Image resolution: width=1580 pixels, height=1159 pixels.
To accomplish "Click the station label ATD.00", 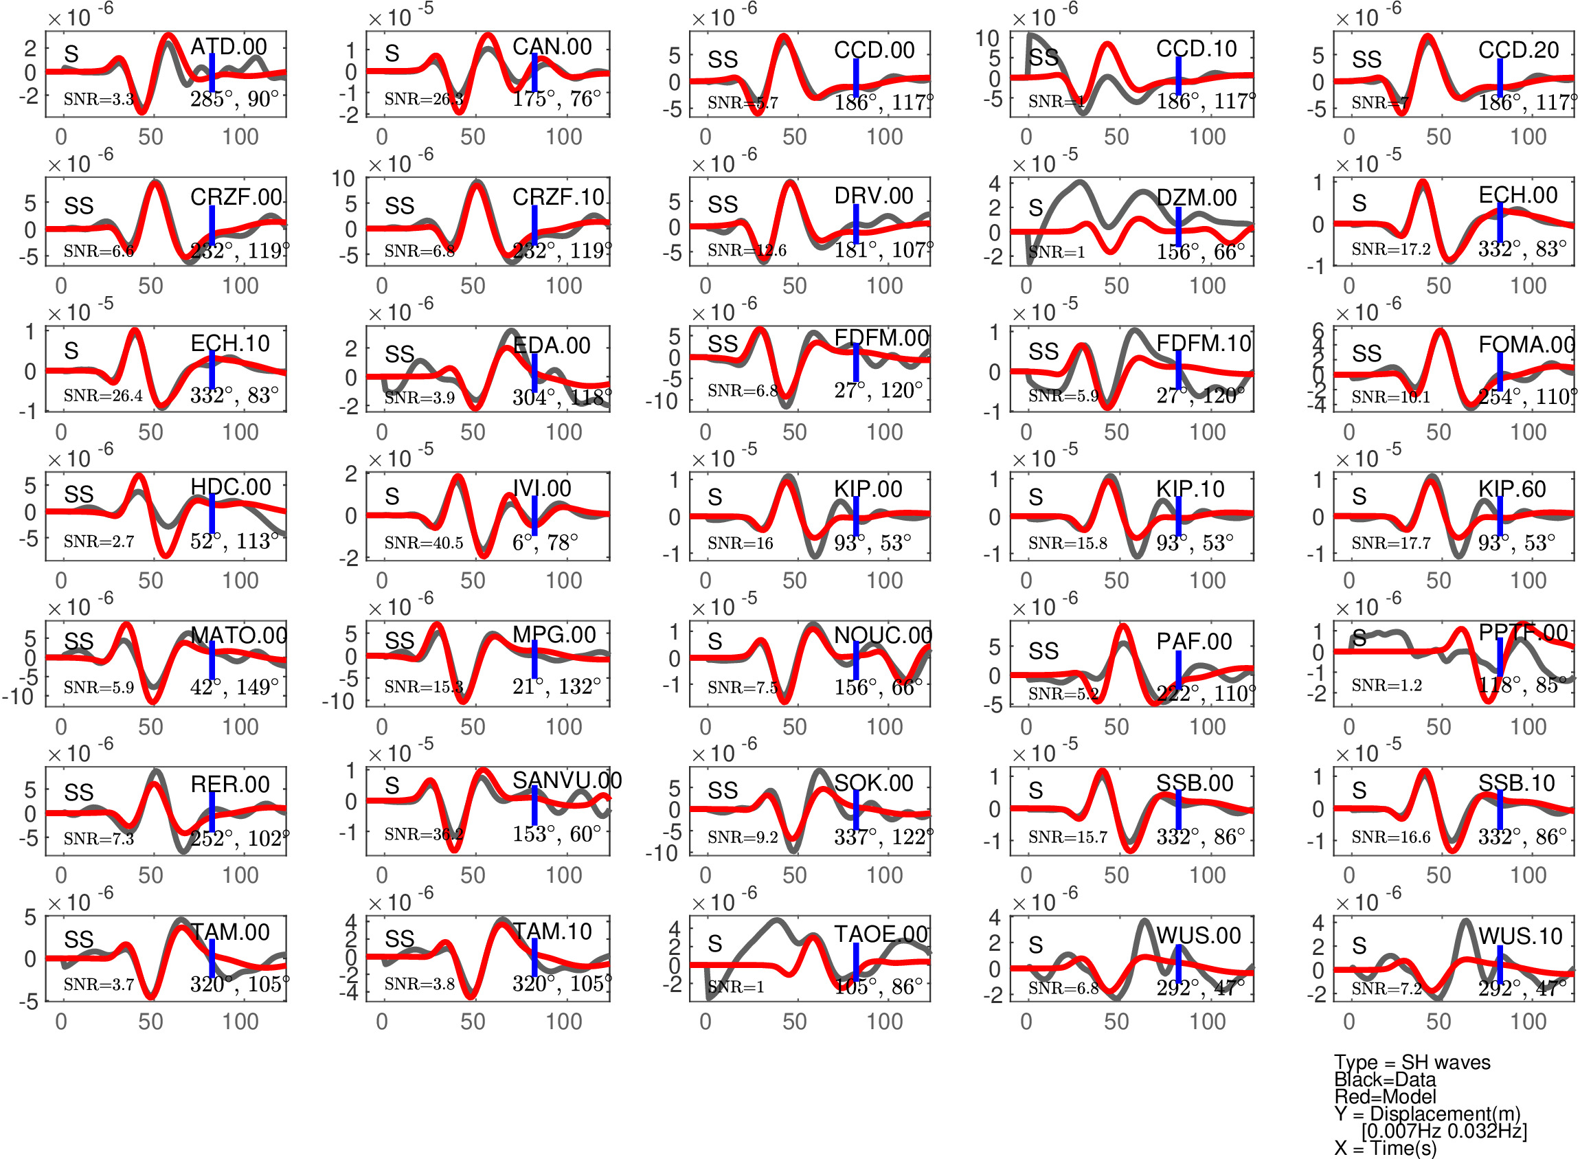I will pos(228,46).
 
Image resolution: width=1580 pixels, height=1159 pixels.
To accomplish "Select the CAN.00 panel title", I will pos(552,46).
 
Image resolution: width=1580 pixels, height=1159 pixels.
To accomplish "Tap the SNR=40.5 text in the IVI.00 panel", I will pos(423,542).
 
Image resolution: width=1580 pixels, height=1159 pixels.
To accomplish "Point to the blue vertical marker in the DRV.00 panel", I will pos(856,224).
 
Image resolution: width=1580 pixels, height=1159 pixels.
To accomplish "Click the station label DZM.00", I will pos(1196,197).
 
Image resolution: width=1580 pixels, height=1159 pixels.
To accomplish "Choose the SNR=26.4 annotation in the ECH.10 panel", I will pos(102,396).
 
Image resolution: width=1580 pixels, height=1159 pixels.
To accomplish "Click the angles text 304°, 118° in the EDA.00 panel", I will pos(561,397).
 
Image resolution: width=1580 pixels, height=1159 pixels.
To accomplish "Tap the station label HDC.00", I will pos(230,486).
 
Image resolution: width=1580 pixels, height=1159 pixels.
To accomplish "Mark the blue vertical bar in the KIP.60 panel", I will pos(1500,516).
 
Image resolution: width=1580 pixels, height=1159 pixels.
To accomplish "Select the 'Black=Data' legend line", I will pos(1385,1079).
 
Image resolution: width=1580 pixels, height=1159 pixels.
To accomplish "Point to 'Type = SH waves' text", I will pos(1412,1062).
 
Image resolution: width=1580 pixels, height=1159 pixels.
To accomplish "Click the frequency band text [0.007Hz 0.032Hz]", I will pos(1444,1130).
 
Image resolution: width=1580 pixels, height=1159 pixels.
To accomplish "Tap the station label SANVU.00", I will pos(567,780).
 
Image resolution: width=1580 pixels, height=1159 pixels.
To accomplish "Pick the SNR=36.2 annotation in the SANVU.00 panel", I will pos(423,833).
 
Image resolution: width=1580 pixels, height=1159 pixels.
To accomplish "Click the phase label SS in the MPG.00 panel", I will pos(399,640).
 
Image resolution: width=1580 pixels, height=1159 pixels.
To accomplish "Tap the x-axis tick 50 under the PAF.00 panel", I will pos(1116,727).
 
